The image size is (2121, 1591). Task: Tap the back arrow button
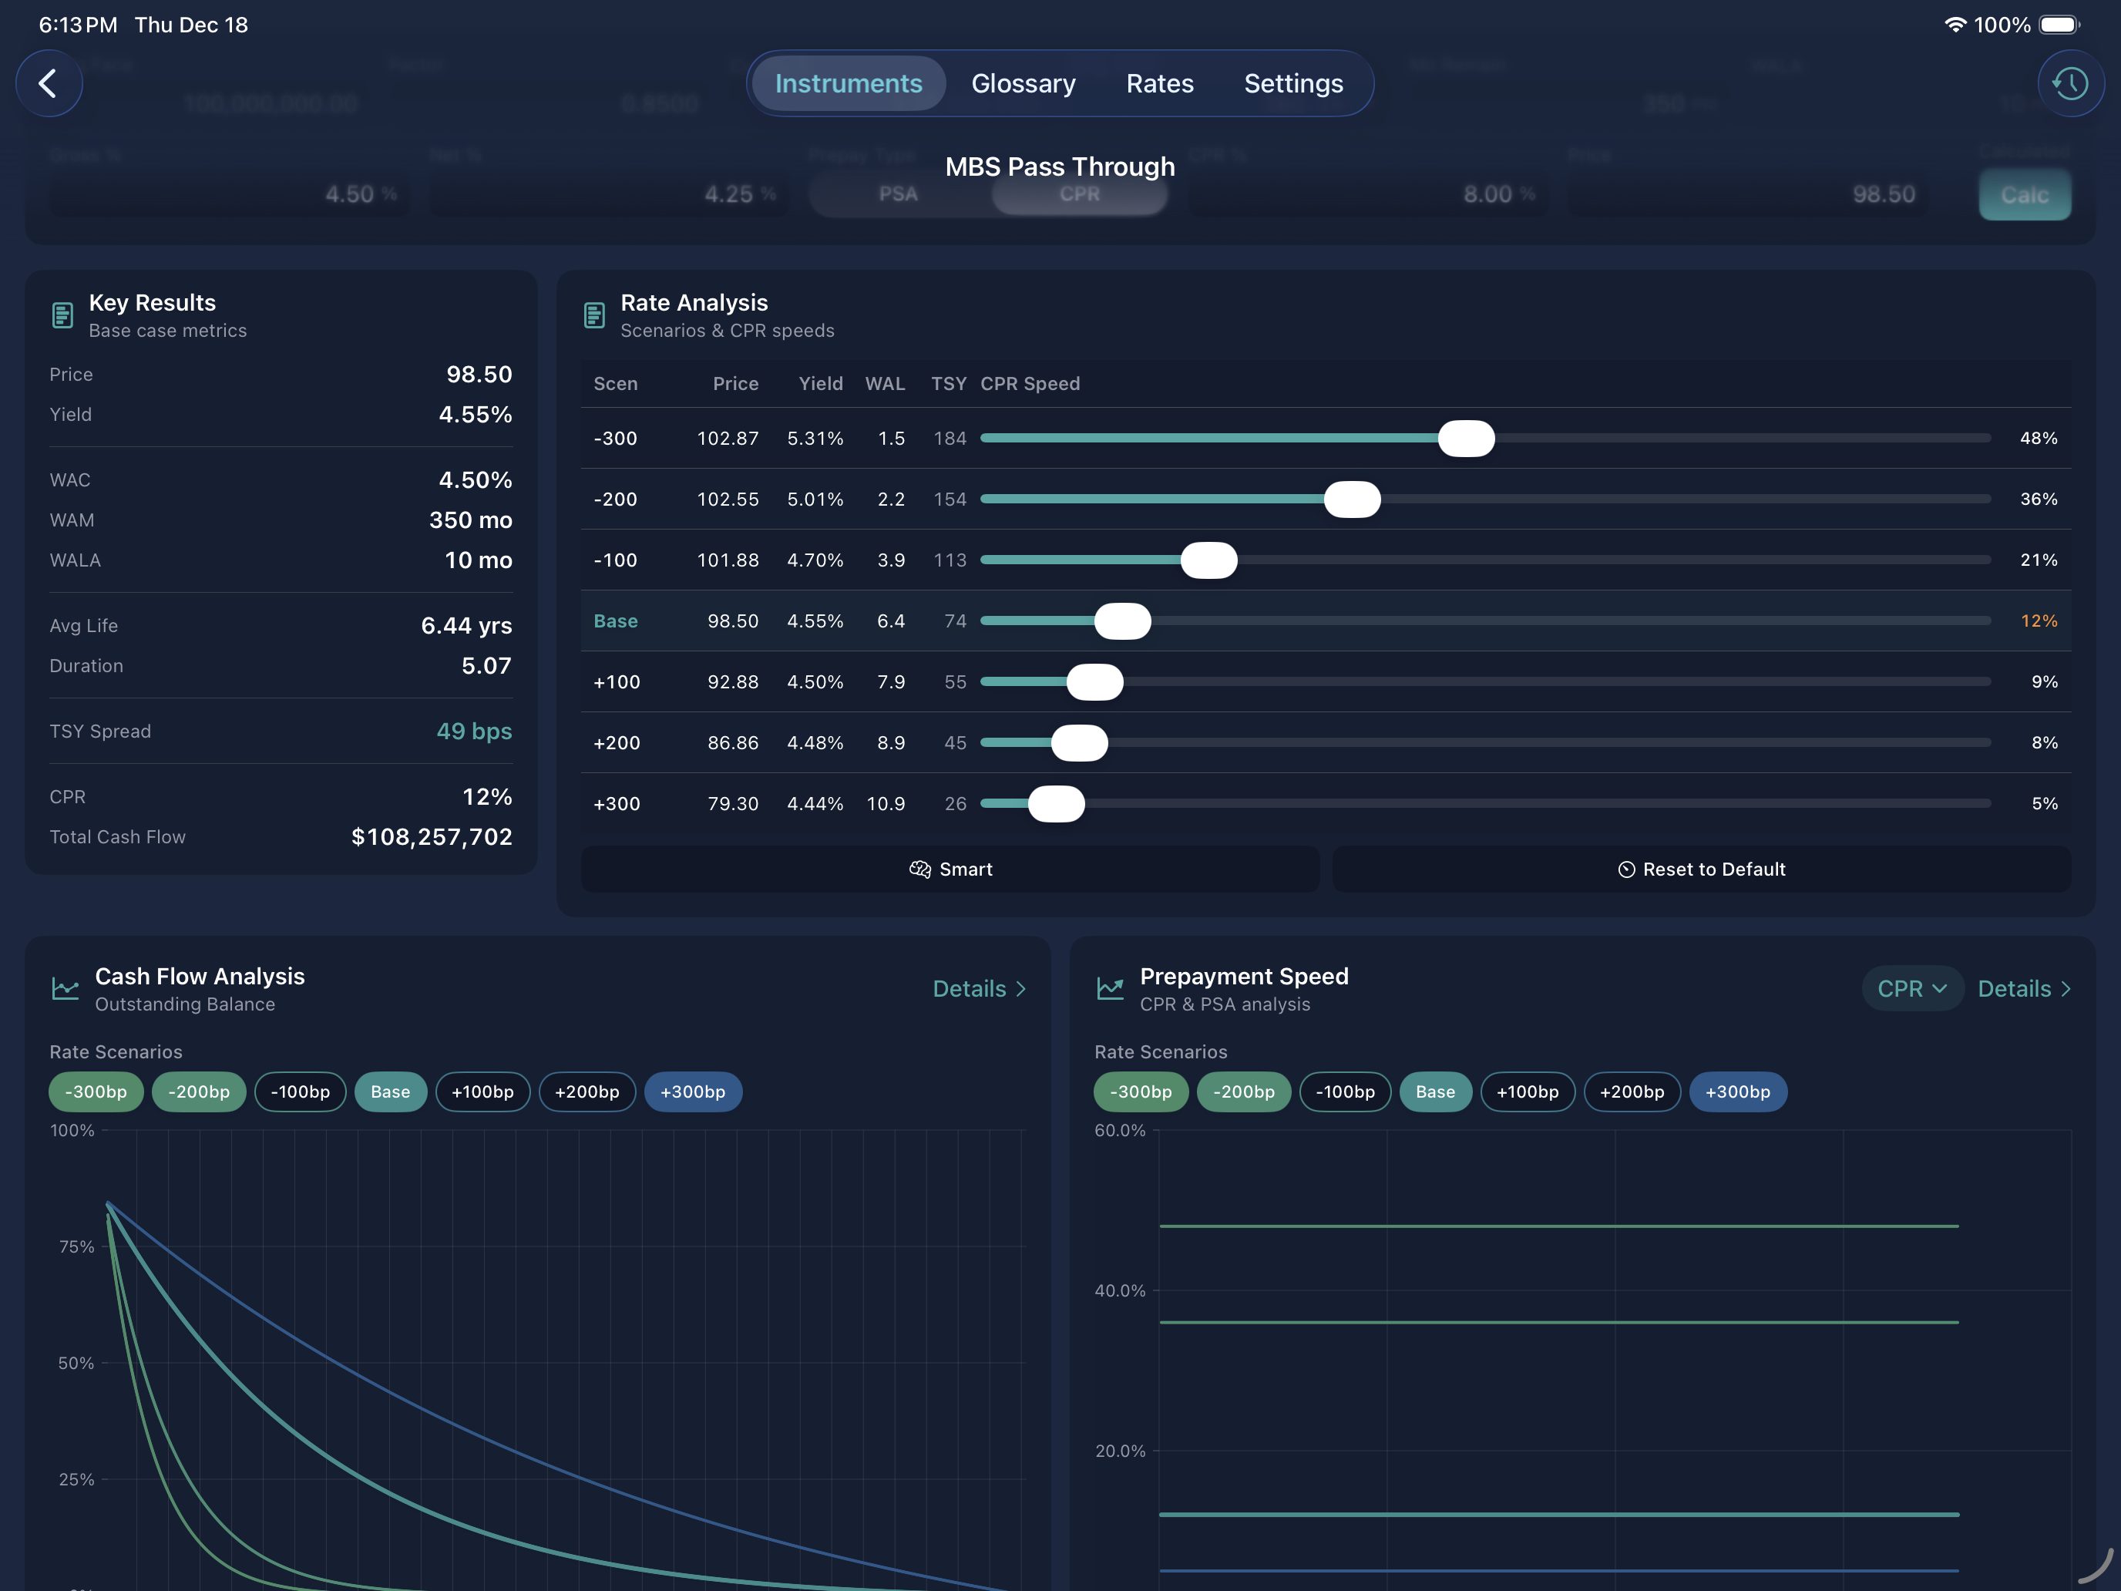48,83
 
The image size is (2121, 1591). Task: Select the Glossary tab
1022,83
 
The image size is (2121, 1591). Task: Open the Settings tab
1292,83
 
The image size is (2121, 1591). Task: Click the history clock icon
2070,83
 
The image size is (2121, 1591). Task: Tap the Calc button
2024,195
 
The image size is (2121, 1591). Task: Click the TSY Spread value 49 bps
474,731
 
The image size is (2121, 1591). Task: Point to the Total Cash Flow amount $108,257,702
432,836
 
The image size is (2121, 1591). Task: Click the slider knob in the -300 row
1465,439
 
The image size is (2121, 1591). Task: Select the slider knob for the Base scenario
1122,621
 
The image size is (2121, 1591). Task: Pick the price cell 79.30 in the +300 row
733,804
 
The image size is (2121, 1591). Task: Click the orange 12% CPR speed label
2039,621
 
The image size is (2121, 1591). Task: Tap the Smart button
950,869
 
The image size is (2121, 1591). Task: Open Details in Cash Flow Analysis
978,989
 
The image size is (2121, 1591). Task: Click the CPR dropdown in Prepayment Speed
1911,989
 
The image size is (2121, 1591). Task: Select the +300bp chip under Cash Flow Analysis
692,1091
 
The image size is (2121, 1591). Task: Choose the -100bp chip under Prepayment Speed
1344,1091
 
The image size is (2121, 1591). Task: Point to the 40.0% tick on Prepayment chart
1120,1291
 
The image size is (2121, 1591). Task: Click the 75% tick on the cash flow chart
77,1246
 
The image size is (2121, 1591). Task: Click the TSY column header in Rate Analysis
948,384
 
